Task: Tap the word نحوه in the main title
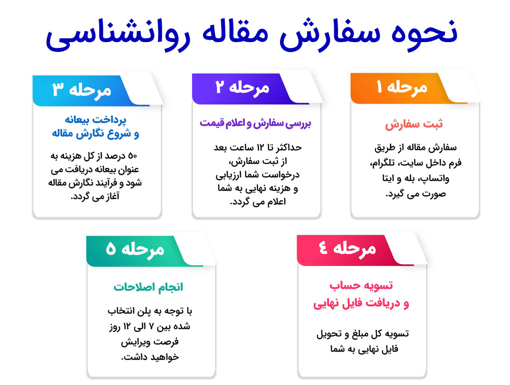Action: coord(424,33)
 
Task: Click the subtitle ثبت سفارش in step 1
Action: coord(414,124)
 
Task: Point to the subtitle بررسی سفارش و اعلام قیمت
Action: coord(255,124)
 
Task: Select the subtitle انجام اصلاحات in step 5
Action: coord(148,287)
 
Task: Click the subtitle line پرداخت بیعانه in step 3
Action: coord(96,120)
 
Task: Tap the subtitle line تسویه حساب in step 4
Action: coord(361,286)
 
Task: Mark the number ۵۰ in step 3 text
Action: coord(133,156)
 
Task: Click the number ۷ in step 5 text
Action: coord(151,327)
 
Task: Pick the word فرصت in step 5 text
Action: coord(167,342)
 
